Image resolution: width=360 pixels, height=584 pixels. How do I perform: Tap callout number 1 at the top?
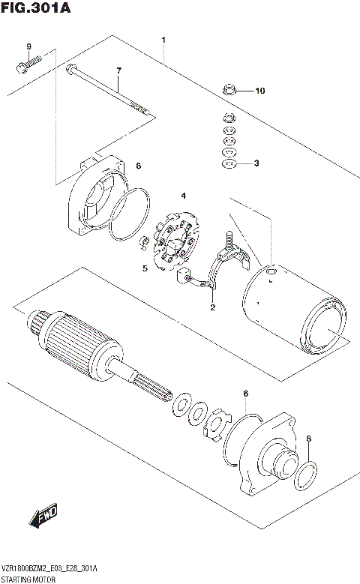163,39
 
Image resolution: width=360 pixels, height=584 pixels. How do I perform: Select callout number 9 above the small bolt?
29,49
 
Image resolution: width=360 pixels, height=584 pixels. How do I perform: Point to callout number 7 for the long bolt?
118,72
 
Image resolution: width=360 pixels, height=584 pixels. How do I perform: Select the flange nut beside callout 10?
231,91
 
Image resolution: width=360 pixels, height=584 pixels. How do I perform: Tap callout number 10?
259,91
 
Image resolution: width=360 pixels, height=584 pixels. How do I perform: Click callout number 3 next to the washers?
256,163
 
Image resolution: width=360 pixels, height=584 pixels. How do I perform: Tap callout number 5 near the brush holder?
145,268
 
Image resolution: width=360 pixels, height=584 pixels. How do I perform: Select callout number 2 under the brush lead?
212,307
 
